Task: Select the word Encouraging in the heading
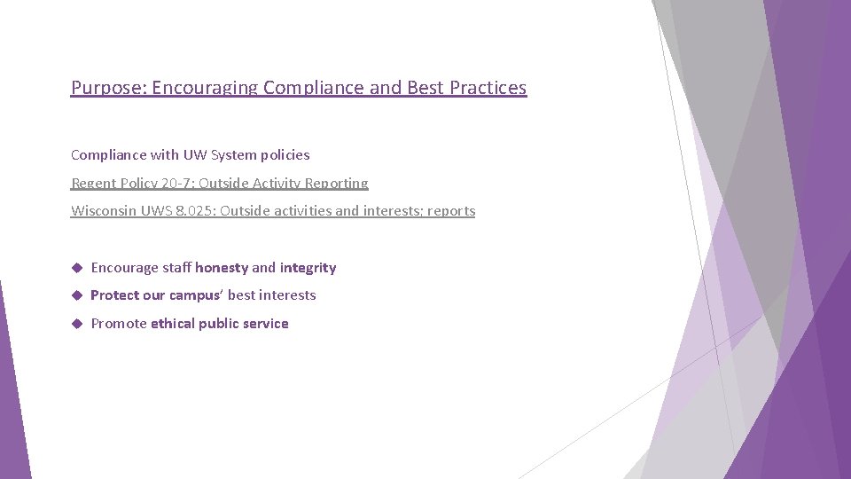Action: (x=205, y=88)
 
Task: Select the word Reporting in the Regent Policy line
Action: (x=337, y=183)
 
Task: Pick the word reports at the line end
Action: (x=451, y=211)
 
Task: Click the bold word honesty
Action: (x=222, y=268)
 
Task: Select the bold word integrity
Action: (x=308, y=268)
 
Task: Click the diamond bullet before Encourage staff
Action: (x=77, y=267)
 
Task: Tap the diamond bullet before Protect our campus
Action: (x=77, y=294)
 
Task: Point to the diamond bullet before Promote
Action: (x=77, y=323)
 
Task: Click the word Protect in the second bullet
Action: (x=114, y=295)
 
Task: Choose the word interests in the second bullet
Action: (x=287, y=295)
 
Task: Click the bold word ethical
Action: (x=173, y=324)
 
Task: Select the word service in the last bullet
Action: (x=264, y=324)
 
